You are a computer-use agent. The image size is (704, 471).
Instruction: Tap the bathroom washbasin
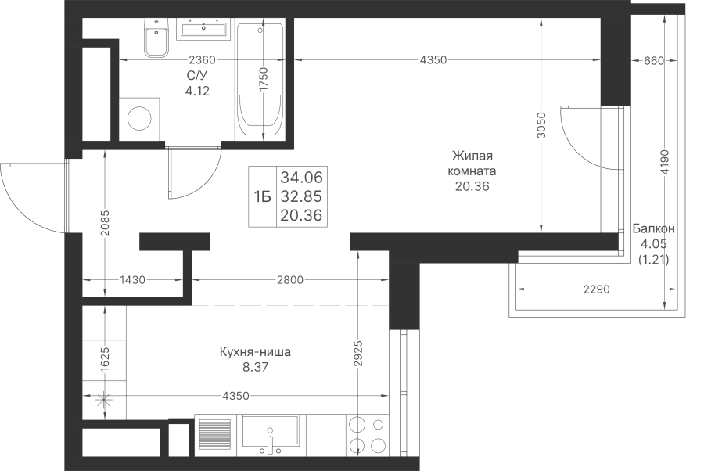(204, 29)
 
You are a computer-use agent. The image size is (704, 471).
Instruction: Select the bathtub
(260, 80)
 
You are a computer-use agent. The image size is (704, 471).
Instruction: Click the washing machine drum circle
(139, 119)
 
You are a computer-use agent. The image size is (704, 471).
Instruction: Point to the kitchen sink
(271, 436)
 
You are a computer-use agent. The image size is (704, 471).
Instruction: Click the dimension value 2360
(202, 59)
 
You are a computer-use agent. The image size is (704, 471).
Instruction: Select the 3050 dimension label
(541, 125)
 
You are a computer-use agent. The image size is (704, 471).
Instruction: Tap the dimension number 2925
(357, 354)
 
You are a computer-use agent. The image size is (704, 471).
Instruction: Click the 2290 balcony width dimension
(597, 289)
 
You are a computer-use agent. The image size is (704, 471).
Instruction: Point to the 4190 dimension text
(665, 162)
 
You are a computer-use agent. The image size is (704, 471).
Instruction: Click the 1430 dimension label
(132, 280)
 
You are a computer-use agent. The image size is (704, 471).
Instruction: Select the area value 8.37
(255, 367)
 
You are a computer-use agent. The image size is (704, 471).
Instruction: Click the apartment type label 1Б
(262, 196)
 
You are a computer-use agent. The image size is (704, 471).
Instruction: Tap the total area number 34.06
(302, 178)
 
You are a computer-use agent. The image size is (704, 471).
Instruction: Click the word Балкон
(654, 229)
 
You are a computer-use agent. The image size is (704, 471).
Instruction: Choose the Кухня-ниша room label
(255, 352)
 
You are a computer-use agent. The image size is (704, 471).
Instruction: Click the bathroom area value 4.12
(198, 91)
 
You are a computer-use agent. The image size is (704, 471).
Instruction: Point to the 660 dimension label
(654, 60)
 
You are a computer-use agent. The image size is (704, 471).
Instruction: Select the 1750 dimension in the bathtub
(264, 79)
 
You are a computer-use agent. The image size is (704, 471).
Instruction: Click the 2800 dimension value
(290, 280)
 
